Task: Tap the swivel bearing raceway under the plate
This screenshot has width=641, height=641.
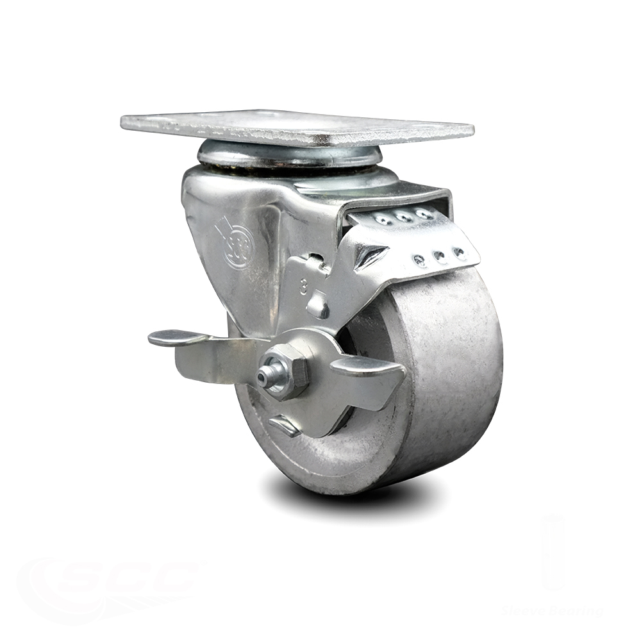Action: tap(288, 157)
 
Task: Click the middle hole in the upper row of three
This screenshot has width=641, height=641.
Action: tap(404, 217)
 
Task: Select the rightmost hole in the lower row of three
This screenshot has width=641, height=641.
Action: tap(459, 252)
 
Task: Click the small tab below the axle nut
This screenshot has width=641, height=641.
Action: tap(285, 425)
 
